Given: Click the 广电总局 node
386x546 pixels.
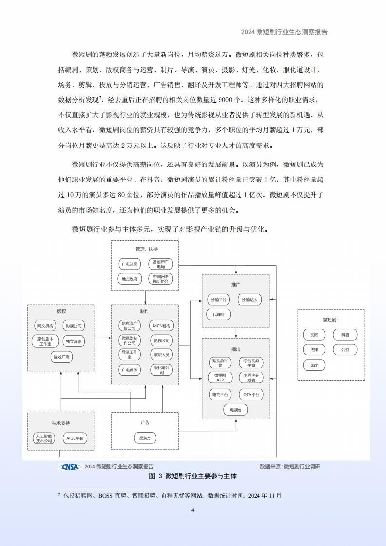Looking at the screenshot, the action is click(129, 264).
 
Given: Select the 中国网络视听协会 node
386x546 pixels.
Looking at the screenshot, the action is click(161, 279).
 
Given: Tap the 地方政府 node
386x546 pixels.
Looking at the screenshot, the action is click(129, 279).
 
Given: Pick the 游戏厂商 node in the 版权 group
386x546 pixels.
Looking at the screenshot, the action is click(61, 357).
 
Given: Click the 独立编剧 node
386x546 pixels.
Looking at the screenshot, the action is click(74, 341).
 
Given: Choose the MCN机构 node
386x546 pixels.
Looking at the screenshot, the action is click(162, 326).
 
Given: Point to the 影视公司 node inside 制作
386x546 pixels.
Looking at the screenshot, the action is click(162, 340).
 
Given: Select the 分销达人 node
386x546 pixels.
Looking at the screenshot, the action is click(250, 299).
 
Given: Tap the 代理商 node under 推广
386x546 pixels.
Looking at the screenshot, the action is click(219, 314).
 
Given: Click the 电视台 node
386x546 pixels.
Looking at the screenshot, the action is click(236, 410).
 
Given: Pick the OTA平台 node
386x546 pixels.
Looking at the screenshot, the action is click(251, 395).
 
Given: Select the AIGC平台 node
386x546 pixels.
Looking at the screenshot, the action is click(75, 438).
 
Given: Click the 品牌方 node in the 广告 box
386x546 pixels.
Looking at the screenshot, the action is click(145, 438).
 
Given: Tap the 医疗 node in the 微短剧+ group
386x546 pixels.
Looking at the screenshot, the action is click(314, 365).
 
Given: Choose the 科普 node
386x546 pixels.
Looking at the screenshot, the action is click(345, 335).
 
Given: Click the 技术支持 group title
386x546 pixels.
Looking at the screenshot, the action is click(61, 423).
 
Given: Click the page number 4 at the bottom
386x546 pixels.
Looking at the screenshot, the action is click(193, 510).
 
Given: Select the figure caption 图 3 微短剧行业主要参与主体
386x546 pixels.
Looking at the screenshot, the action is click(193, 476).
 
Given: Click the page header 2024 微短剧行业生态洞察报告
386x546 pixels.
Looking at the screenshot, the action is click(284, 32).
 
